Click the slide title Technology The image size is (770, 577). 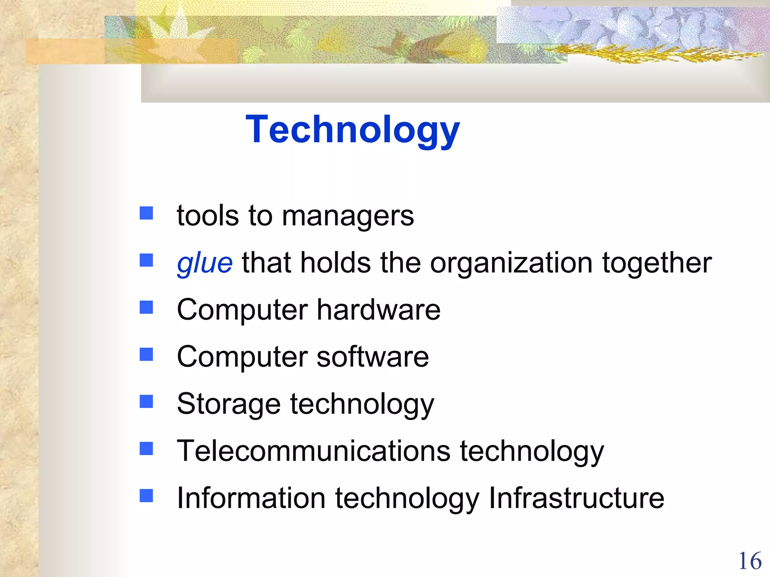[352, 130]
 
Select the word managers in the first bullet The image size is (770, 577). [348, 217]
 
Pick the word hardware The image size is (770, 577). [379, 310]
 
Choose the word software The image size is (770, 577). [373, 357]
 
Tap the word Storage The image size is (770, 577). [229, 405]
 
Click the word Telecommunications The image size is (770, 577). [314, 451]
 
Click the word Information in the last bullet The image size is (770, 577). [251, 498]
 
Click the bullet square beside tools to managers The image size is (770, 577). [146, 213]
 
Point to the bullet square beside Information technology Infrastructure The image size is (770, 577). [146, 495]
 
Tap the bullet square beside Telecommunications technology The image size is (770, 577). [146, 448]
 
